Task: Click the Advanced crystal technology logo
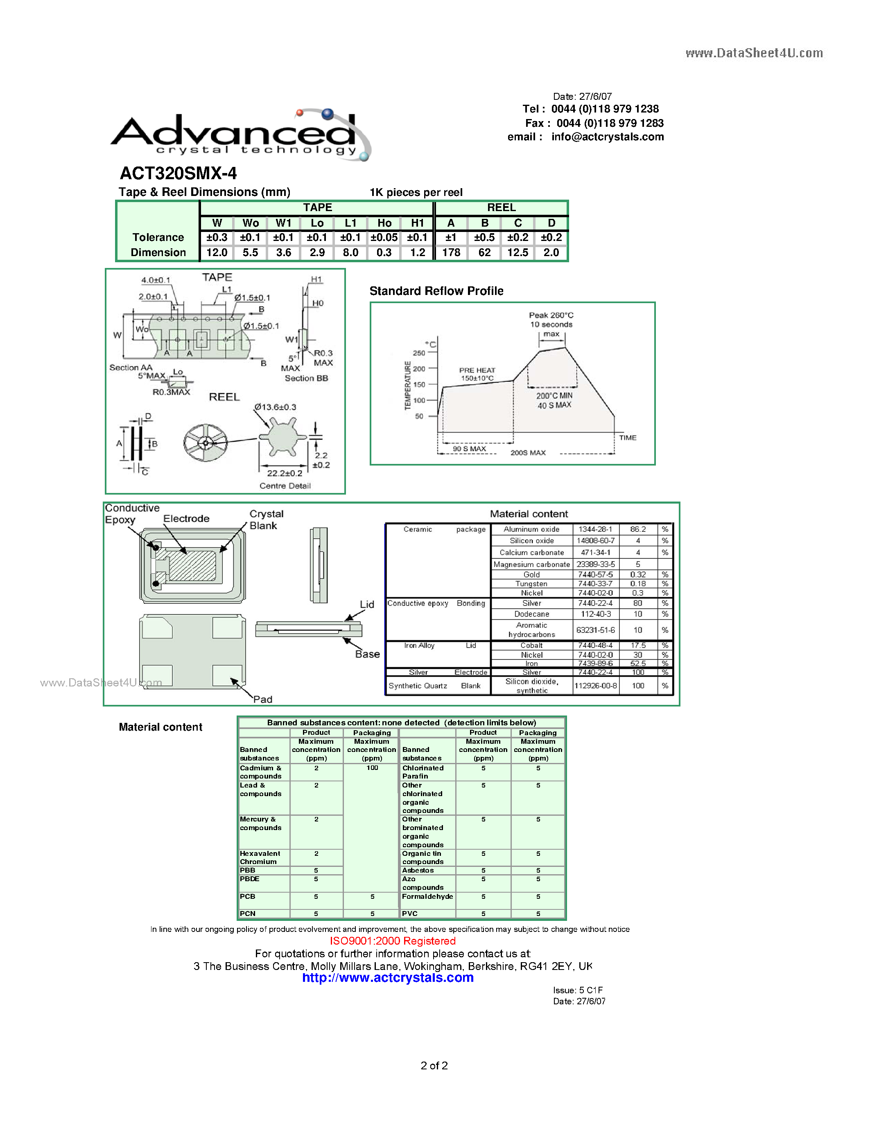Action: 240,135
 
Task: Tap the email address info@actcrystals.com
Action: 607,137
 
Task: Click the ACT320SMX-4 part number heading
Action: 179,173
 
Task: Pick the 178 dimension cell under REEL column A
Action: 451,253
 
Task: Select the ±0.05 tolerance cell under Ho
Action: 384,237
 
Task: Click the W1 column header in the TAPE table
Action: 283,223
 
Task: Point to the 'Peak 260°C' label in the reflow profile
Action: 551,315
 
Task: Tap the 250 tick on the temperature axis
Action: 419,353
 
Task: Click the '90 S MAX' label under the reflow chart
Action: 469,449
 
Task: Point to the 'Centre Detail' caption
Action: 285,486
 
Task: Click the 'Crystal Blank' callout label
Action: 266,520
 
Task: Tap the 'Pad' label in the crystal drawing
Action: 262,699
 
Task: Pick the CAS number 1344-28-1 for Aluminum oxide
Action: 595,529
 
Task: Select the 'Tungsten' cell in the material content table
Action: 531,584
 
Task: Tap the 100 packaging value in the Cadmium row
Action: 372,768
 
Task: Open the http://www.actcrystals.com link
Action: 388,978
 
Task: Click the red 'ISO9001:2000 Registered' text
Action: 393,941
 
